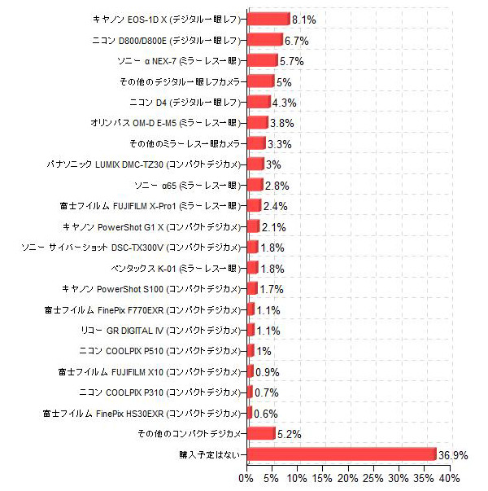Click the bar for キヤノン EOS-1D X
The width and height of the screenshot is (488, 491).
[x=268, y=19]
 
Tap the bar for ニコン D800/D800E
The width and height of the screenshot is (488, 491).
[x=264, y=39]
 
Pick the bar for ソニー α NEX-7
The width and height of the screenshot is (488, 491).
[x=261, y=60]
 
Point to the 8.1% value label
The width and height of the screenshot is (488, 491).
[x=304, y=19]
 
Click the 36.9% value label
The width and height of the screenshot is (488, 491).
[x=454, y=454]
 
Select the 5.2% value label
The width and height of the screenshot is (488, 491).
[x=290, y=434]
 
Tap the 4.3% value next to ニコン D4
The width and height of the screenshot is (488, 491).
[x=284, y=103]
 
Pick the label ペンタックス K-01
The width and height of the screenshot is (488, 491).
[x=175, y=268]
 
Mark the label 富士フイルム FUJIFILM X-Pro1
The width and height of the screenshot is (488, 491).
[x=150, y=206]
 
